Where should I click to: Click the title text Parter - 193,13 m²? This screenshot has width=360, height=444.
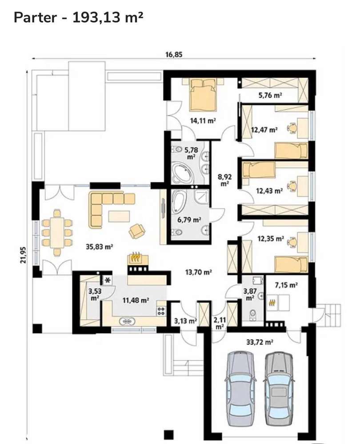(78, 17)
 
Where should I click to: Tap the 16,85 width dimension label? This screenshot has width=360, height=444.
(174, 54)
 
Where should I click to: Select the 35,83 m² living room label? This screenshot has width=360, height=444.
(100, 247)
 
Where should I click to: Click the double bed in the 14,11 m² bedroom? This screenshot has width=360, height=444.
(203, 95)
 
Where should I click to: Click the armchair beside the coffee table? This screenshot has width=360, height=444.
(137, 231)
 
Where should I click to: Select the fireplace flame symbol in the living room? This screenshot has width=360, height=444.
(136, 258)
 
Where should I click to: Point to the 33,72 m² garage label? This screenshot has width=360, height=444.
(260, 342)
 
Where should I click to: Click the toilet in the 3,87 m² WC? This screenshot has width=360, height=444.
(252, 315)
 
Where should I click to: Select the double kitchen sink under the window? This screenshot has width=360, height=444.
(127, 322)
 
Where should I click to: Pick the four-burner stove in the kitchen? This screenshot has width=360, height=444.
(161, 311)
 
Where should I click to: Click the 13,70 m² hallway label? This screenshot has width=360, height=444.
(199, 272)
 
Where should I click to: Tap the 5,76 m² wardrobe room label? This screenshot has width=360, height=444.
(270, 96)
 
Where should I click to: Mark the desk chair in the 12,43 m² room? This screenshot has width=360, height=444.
(292, 186)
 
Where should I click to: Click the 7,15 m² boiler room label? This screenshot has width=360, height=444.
(286, 285)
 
